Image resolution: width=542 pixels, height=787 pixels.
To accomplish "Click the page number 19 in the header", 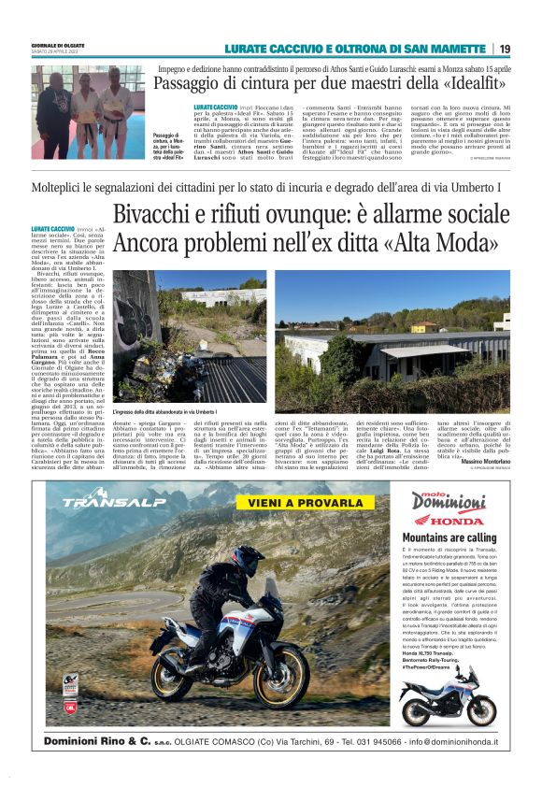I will pos(505,49).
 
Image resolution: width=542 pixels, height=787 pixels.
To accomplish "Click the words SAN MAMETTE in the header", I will pos(444,49).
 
